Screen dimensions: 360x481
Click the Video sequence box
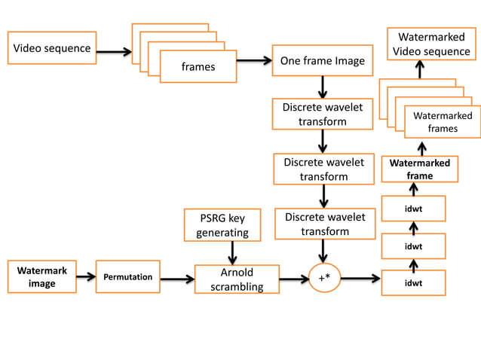coord(51,48)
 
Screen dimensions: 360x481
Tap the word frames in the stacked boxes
coord(198,66)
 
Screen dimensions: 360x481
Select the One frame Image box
coord(322,61)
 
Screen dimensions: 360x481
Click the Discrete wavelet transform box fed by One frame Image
coord(322,114)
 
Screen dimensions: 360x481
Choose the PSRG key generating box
coord(222,225)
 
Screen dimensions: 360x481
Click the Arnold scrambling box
coord(236,279)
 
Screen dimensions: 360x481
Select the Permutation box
coord(127,277)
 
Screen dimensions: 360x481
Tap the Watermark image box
coord(42,276)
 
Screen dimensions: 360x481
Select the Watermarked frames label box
coord(442,122)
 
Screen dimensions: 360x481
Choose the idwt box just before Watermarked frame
coord(413,208)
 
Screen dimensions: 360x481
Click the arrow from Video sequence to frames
coord(114,53)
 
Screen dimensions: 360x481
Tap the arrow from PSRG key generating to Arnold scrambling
coord(233,252)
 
